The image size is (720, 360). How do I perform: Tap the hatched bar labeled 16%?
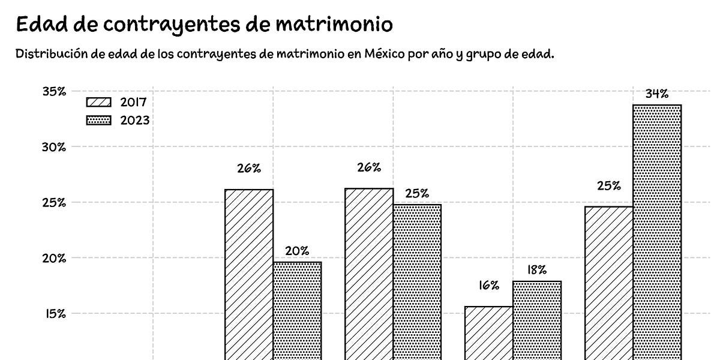489,333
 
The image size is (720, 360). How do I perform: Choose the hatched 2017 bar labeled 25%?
609,282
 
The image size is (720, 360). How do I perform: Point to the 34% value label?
657,94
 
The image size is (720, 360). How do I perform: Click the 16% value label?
489,285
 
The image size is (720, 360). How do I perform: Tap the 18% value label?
537,270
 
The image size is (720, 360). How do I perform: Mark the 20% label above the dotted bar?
297,251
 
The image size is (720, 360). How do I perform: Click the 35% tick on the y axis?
54,91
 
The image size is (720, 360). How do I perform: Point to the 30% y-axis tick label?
54,147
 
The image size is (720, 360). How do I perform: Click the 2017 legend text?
133,102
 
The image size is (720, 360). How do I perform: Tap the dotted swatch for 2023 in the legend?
99,121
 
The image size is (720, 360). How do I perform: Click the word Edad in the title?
39,25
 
